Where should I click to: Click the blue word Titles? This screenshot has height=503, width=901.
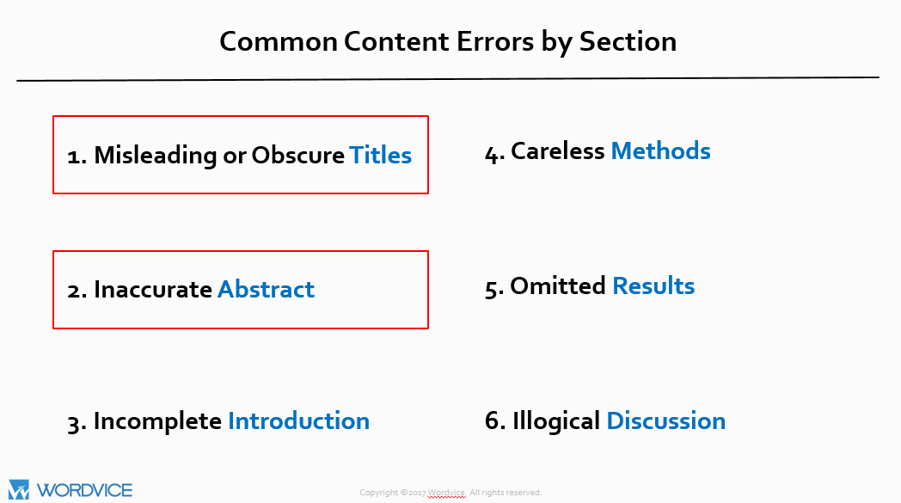click(x=380, y=156)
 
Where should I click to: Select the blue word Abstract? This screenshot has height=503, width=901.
click(x=266, y=289)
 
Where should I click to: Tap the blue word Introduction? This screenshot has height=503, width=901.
click(x=299, y=420)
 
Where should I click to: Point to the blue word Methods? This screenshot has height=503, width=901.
click(x=661, y=150)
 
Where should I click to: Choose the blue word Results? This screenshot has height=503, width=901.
click(x=653, y=285)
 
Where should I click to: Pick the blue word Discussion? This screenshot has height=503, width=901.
click(x=666, y=420)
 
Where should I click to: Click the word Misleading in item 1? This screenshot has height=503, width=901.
click(x=156, y=156)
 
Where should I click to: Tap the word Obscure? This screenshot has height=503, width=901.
click(x=297, y=156)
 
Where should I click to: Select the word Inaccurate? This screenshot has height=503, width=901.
click(x=153, y=289)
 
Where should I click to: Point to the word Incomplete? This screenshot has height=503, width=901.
click(x=157, y=420)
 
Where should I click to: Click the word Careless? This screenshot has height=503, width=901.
click(x=557, y=150)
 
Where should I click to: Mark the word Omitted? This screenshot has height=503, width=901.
click(x=558, y=285)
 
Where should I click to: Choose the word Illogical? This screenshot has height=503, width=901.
click(x=556, y=420)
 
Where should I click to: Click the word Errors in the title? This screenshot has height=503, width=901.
click(x=495, y=41)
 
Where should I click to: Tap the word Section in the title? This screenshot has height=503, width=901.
click(x=628, y=41)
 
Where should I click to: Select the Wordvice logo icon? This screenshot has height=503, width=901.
click(x=18, y=490)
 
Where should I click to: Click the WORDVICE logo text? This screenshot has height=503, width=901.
click(x=84, y=490)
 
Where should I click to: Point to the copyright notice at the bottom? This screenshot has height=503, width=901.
click(x=450, y=493)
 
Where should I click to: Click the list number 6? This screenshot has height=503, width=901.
click(x=494, y=420)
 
